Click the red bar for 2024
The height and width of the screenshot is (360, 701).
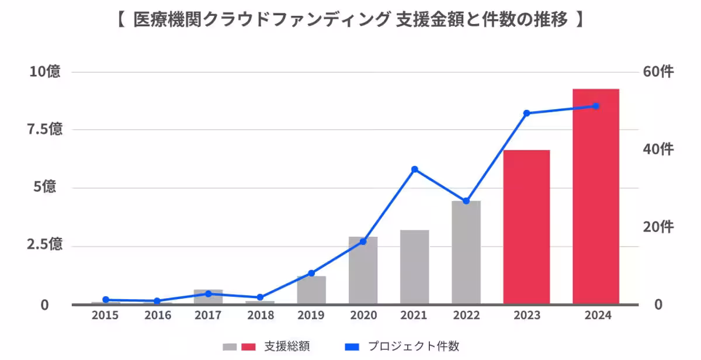click(x=595, y=199)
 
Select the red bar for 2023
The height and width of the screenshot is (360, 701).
click(x=526, y=228)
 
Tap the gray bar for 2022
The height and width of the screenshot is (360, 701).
click(x=466, y=252)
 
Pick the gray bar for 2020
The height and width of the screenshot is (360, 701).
click(x=363, y=271)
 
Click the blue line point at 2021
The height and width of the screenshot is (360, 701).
click(x=415, y=169)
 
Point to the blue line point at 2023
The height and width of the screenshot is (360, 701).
click(x=526, y=113)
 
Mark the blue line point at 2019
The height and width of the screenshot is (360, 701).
click(x=311, y=273)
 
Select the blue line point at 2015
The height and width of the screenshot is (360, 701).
click(x=106, y=300)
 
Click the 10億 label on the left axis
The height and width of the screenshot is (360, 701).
click(x=45, y=72)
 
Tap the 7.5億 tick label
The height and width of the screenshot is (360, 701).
click(x=45, y=130)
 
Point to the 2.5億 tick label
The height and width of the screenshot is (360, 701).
click(x=45, y=245)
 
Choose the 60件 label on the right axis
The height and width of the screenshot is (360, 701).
click(x=658, y=72)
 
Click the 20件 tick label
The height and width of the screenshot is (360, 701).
click(x=658, y=227)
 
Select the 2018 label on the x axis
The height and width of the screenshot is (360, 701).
click(x=260, y=316)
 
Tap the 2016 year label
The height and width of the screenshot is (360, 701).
click(x=157, y=316)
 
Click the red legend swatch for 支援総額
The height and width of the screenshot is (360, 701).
click(x=249, y=347)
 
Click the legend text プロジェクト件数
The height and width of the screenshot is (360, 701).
click(x=413, y=346)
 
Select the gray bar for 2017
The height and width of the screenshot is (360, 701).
click(x=209, y=297)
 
